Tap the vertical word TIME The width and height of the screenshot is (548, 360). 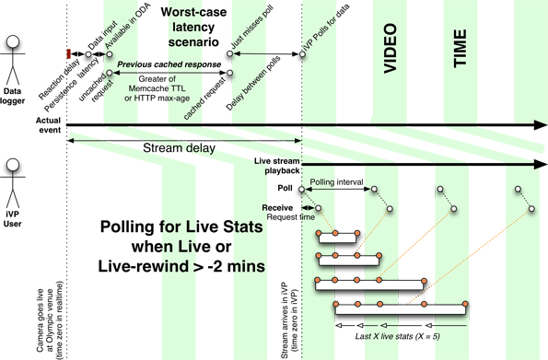point(460,48)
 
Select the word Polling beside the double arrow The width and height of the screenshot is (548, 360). point(321,183)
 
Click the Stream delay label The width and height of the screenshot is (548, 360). point(179,147)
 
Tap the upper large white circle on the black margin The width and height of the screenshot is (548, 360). point(13,42)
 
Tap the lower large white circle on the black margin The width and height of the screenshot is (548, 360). point(13,165)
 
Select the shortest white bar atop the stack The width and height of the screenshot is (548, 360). point(337,238)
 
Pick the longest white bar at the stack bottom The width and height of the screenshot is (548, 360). point(400,309)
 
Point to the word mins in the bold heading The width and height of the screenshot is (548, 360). point(245,267)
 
